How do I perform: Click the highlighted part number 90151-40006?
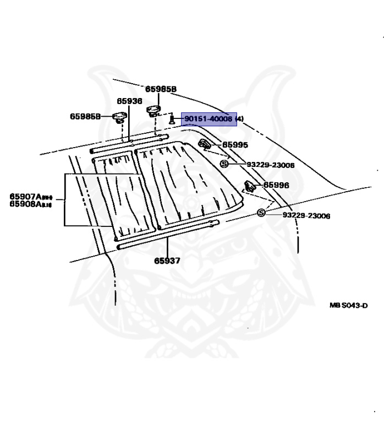coord(209,118)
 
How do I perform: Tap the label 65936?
coord(129,101)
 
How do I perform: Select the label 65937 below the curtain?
coord(167,261)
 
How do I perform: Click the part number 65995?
coord(235,145)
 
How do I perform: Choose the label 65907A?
coord(31,196)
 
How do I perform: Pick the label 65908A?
coord(31,204)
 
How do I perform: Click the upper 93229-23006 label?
coord(270,165)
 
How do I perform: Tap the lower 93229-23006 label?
coord(306,215)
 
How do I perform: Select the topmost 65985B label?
coord(161,89)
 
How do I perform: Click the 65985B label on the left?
coord(85,116)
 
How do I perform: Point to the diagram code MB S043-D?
coord(348,306)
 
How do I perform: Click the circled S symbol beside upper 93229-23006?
coord(224,164)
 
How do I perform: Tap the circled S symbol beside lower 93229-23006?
coord(261,214)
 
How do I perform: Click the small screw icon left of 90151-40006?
coord(172,118)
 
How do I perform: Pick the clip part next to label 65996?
coord(249,186)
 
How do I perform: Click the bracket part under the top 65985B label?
coord(152,111)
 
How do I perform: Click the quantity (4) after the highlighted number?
coord(239,118)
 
